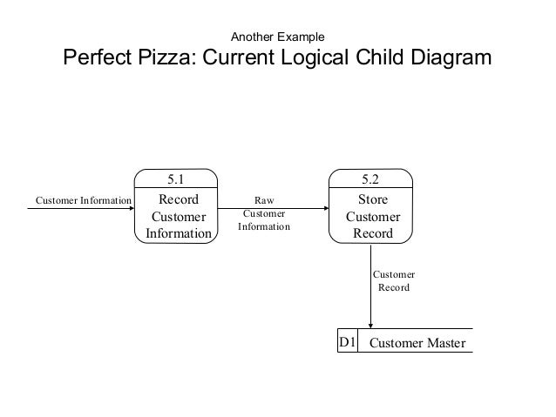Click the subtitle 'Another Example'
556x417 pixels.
coord(278,37)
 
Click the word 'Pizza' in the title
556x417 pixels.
coord(166,57)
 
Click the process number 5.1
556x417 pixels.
coord(176,179)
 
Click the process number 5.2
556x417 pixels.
coord(370,179)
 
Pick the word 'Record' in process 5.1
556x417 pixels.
coord(179,199)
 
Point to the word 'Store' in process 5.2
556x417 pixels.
coord(373,199)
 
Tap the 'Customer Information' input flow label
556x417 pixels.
coord(84,200)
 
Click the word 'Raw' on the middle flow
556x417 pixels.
coord(264,200)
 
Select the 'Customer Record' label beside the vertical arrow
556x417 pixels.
coord(394,281)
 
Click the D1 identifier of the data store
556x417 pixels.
coord(347,342)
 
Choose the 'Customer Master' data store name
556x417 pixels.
coord(417,343)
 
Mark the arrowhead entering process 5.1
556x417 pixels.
coord(132,208)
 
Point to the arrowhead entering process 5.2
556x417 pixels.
coord(327,208)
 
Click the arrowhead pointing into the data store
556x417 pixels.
coord(370,326)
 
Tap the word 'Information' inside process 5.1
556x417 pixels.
coord(179,233)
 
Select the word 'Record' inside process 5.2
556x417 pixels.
coord(373,233)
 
